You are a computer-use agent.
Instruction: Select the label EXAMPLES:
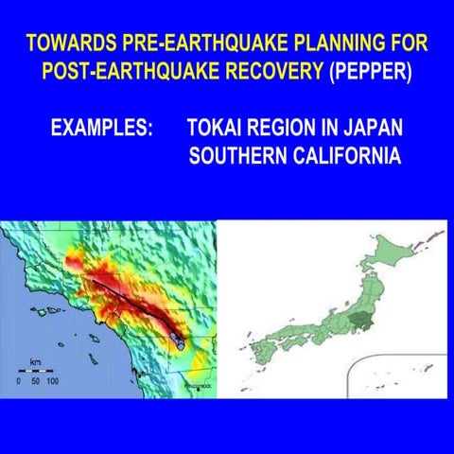click(x=101, y=129)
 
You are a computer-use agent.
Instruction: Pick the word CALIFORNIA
click(x=341, y=155)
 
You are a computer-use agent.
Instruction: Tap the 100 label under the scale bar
click(x=52, y=380)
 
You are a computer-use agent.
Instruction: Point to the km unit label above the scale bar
click(x=36, y=360)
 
